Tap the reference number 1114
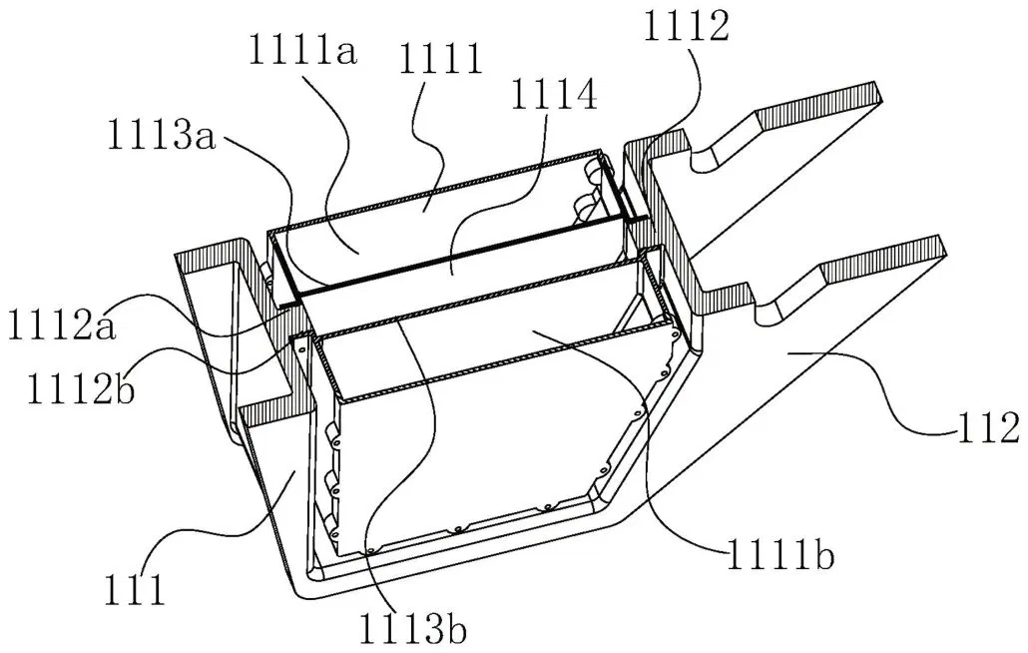(x=554, y=98)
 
